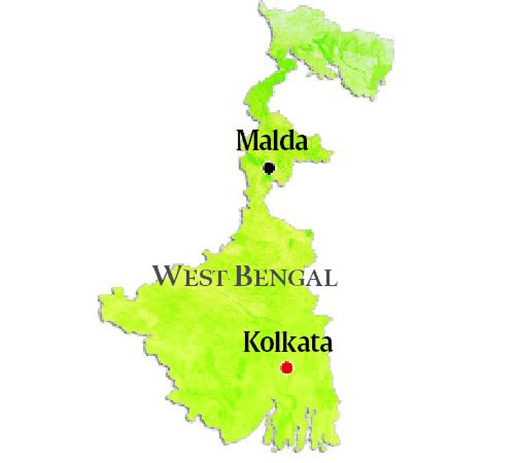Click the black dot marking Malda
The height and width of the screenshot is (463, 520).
pos(269,168)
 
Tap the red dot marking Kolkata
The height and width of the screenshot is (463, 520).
pos(286,368)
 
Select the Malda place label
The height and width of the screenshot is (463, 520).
pos(271,141)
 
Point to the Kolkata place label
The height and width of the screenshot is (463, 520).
pos(288,341)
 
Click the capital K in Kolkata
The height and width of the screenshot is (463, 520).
pos(251,341)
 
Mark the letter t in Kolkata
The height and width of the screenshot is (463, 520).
pos(311,342)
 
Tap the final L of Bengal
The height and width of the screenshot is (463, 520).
pos(330,277)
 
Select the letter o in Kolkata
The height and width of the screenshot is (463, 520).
pos(266,343)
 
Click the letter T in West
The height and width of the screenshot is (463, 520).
pos(219,277)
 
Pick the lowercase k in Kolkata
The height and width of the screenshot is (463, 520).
pos(287,341)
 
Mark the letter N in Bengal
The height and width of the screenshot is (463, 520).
pos(281,277)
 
